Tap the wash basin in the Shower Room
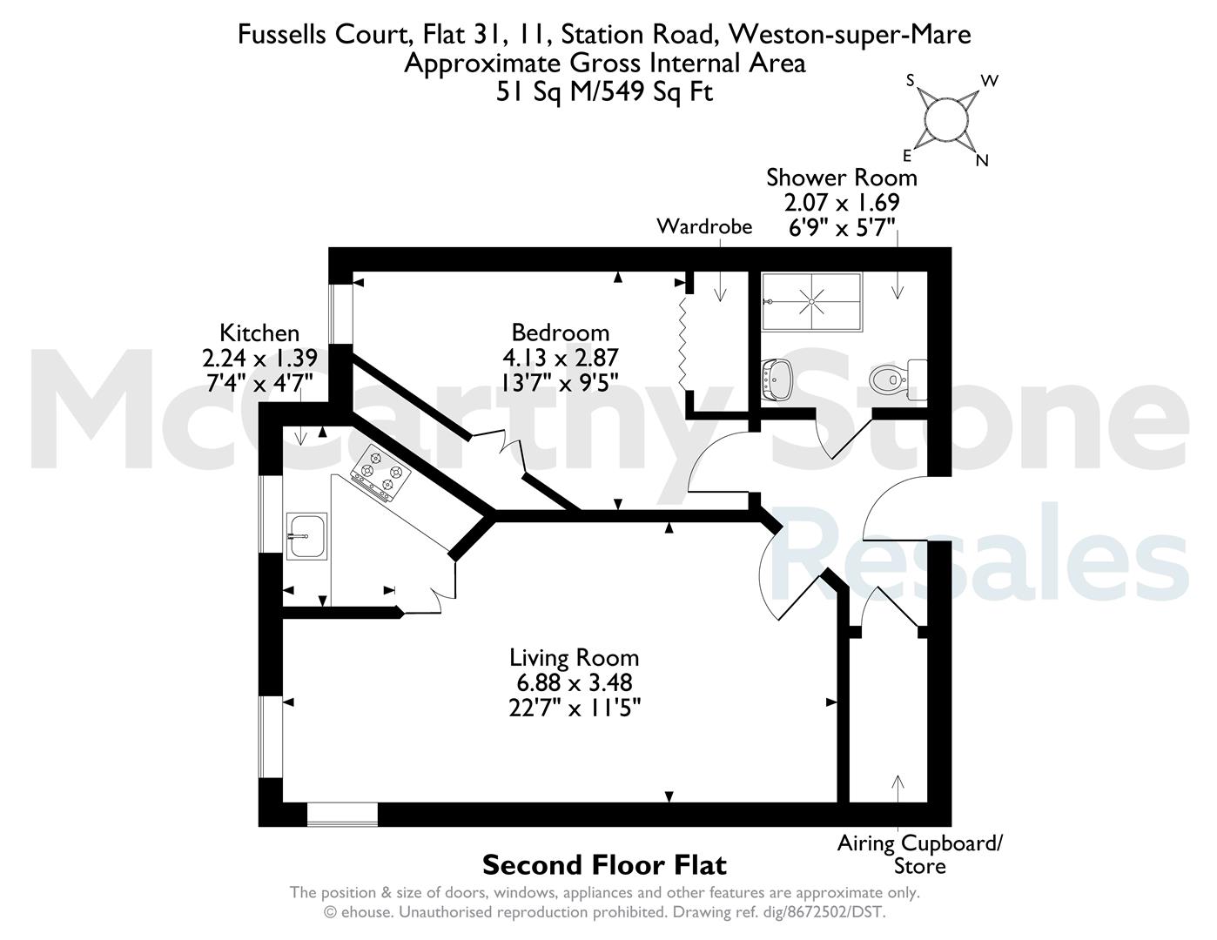click(x=777, y=380)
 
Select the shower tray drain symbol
click(x=811, y=301)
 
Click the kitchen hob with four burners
click(x=380, y=473)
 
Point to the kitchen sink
click(x=306, y=536)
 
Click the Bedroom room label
click(x=560, y=332)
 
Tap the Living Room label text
click(x=574, y=657)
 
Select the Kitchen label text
click(x=259, y=333)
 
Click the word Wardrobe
click(x=704, y=227)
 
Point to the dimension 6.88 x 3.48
click(x=574, y=682)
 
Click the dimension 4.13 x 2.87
click(x=560, y=357)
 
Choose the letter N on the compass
click(x=982, y=161)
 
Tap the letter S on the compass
click(x=910, y=81)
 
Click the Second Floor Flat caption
click(x=604, y=865)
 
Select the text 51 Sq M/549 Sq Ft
click(x=605, y=91)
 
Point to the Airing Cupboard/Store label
click(x=919, y=855)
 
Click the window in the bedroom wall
click(x=340, y=313)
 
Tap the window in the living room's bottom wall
click(x=342, y=815)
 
